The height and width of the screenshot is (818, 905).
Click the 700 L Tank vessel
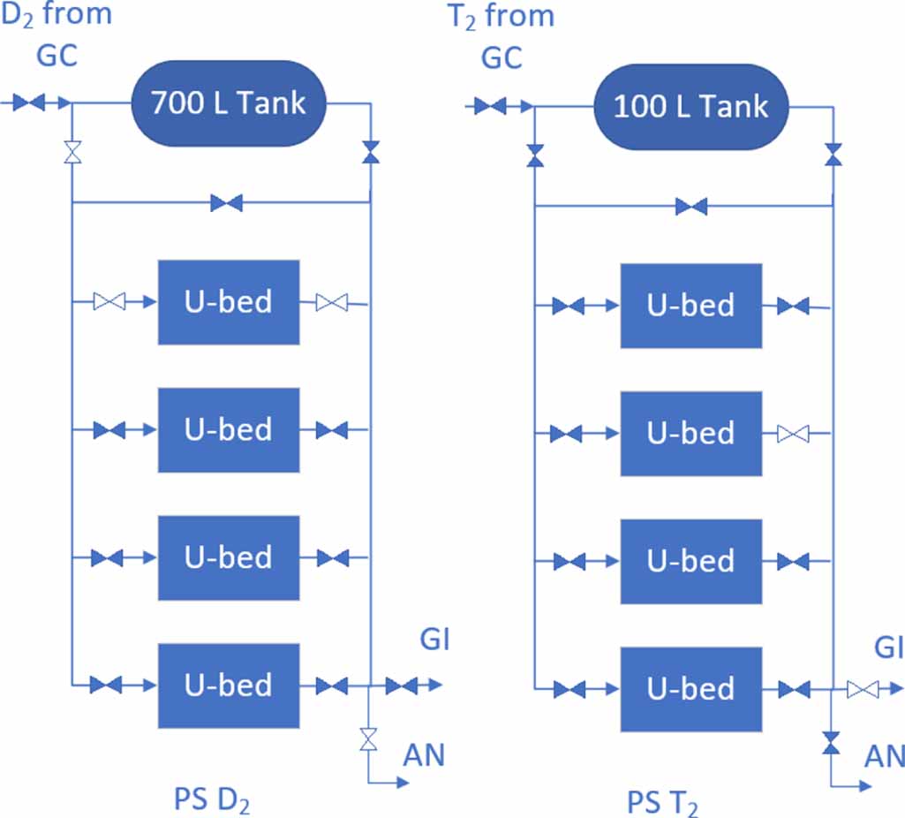coord(229,103)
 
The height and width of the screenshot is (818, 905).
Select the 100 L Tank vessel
coord(690,107)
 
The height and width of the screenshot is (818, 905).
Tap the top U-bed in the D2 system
coord(229,302)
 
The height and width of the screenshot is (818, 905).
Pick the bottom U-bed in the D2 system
coord(229,685)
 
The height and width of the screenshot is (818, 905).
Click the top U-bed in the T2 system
coord(690,306)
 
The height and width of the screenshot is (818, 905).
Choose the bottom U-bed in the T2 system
coord(690,689)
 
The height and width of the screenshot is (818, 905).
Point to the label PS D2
coord(212,799)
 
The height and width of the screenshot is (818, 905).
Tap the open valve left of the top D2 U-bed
coord(109,302)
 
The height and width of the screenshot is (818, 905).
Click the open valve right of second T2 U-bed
coord(793,434)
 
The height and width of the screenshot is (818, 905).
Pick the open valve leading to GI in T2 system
coord(861,689)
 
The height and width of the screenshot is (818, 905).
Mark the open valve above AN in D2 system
coord(368,738)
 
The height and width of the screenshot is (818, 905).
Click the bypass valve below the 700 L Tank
coord(227,204)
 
